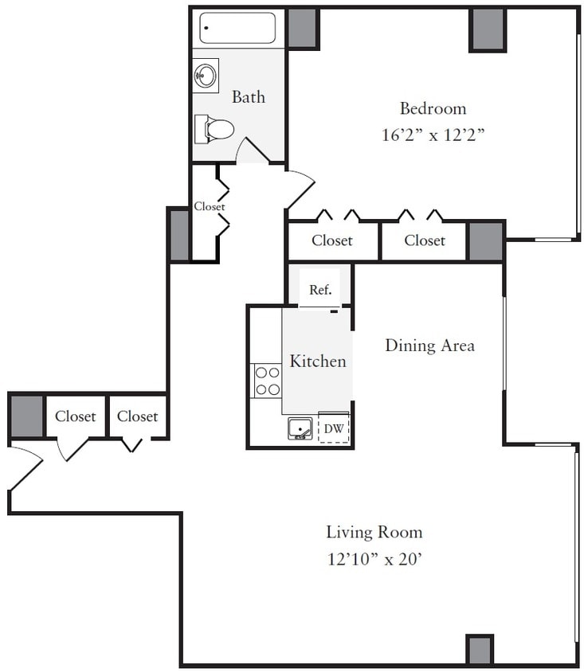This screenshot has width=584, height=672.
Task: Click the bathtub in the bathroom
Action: (237, 28)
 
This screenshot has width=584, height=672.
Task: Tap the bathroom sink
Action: (206, 76)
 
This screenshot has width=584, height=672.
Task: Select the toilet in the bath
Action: (215, 128)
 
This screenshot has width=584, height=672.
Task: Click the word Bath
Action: (248, 97)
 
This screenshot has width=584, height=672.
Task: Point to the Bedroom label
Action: (433, 108)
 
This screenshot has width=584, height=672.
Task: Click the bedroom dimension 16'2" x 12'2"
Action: (433, 135)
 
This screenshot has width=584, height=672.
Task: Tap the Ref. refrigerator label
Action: (319, 291)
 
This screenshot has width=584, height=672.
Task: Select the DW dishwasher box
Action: (334, 429)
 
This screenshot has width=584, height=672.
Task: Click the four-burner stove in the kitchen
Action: (267, 381)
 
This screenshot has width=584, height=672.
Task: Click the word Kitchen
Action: (317, 361)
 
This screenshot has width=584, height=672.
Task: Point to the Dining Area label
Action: (429, 346)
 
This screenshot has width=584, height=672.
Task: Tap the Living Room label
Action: (374, 532)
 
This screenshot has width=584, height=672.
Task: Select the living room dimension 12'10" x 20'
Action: (374, 559)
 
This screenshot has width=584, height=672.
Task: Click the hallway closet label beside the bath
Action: (209, 206)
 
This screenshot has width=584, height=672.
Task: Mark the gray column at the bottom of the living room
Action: (479, 649)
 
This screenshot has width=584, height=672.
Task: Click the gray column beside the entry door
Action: (26, 416)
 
